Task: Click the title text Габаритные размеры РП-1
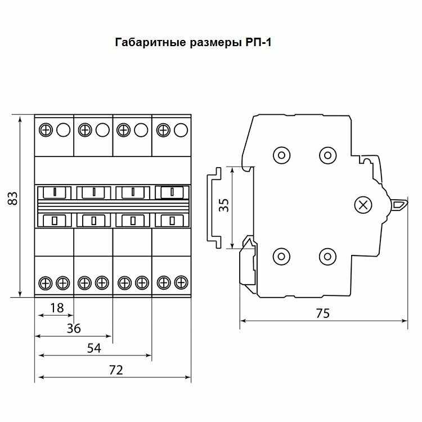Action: coord(194,42)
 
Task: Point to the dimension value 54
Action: coord(94,349)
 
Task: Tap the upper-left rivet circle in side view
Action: coord(281,154)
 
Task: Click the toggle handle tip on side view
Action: coord(401,204)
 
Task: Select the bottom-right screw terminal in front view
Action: coord(180,281)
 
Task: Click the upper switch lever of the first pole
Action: coord(55,193)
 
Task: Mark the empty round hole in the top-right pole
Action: coord(180,130)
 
